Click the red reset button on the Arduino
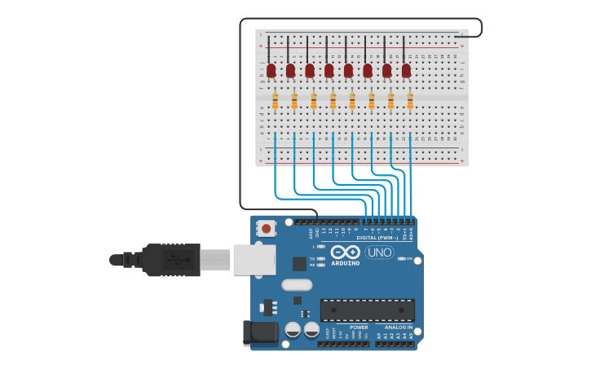click(266, 228)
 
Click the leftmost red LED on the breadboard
click(271, 72)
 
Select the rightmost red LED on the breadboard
click(406, 72)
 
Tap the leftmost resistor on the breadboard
click(275, 102)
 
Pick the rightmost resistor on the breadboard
click(410, 102)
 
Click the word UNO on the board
click(379, 253)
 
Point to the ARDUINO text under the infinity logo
click(346, 263)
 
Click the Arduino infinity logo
click(346, 252)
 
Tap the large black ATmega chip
click(367, 310)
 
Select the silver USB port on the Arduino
click(254, 259)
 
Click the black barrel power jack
click(258, 333)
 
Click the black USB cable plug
click(171, 260)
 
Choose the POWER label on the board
click(359, 327)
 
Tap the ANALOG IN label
click(399, 327)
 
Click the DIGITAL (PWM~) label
click(377, 238)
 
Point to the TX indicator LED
click(321, 258)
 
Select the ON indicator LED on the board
click(401, 258)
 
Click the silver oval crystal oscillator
click(297, 285)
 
